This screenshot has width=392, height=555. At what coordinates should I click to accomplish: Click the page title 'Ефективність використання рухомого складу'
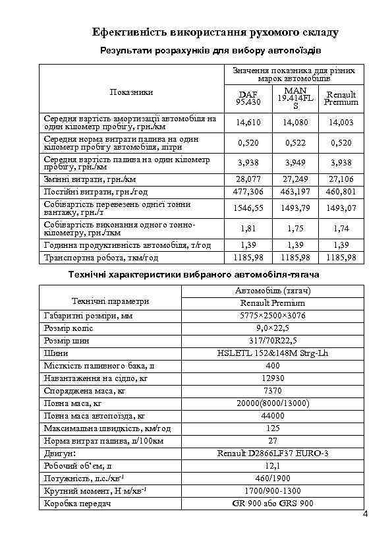[x=215, y=32]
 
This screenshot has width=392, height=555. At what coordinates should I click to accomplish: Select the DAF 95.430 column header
[x=249, y=98]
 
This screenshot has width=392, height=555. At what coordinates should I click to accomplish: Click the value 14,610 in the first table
[x=249, y=123]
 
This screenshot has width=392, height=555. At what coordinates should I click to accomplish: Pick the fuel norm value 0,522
[x=294, y=143]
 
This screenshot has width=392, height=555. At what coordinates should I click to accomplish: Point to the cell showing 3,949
[x=294, y=163]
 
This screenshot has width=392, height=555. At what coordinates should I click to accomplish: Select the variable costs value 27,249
[x=294, y=179]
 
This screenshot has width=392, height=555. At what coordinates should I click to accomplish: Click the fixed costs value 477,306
[x=249, y=191]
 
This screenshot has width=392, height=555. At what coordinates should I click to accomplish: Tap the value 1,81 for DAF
[x=249, y=228]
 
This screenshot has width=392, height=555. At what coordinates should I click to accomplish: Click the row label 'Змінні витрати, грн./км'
[x=90, y=179]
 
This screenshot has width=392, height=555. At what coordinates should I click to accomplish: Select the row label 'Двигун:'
[x=59, y=453]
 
